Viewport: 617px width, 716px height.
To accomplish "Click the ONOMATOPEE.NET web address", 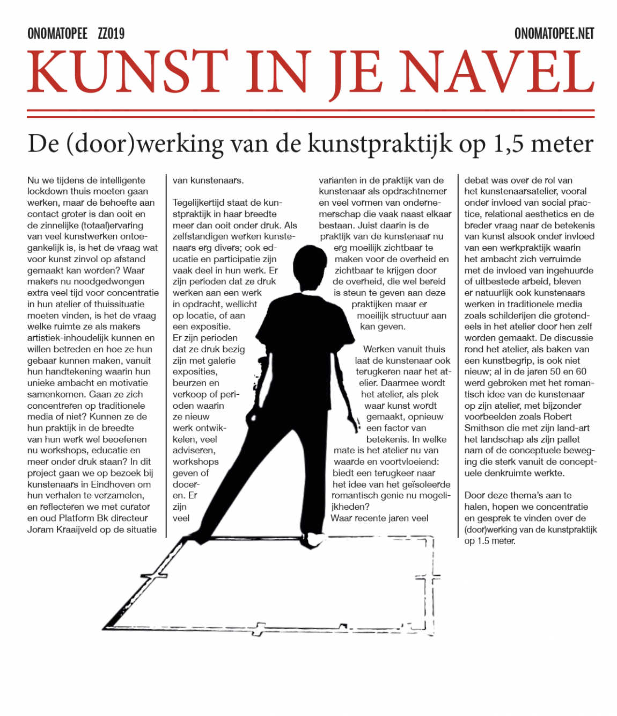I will click(x=554, y=34).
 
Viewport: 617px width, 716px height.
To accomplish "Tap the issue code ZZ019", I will click(x=111, y=34).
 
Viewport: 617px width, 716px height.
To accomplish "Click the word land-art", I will click(x=572, y=428).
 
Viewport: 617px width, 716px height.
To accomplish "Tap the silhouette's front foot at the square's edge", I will click(x=310, y=539).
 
